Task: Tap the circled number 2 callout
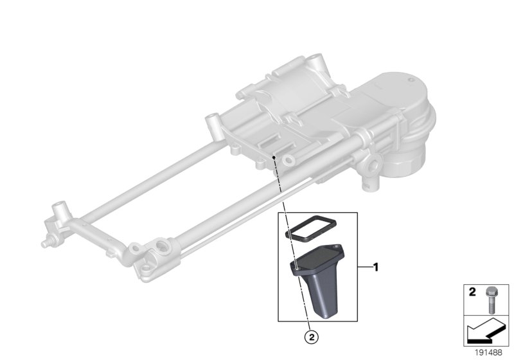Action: [x=312, y=335]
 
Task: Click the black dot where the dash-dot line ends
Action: [x=274, y=156]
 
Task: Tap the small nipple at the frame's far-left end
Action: [x=46, y=244]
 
